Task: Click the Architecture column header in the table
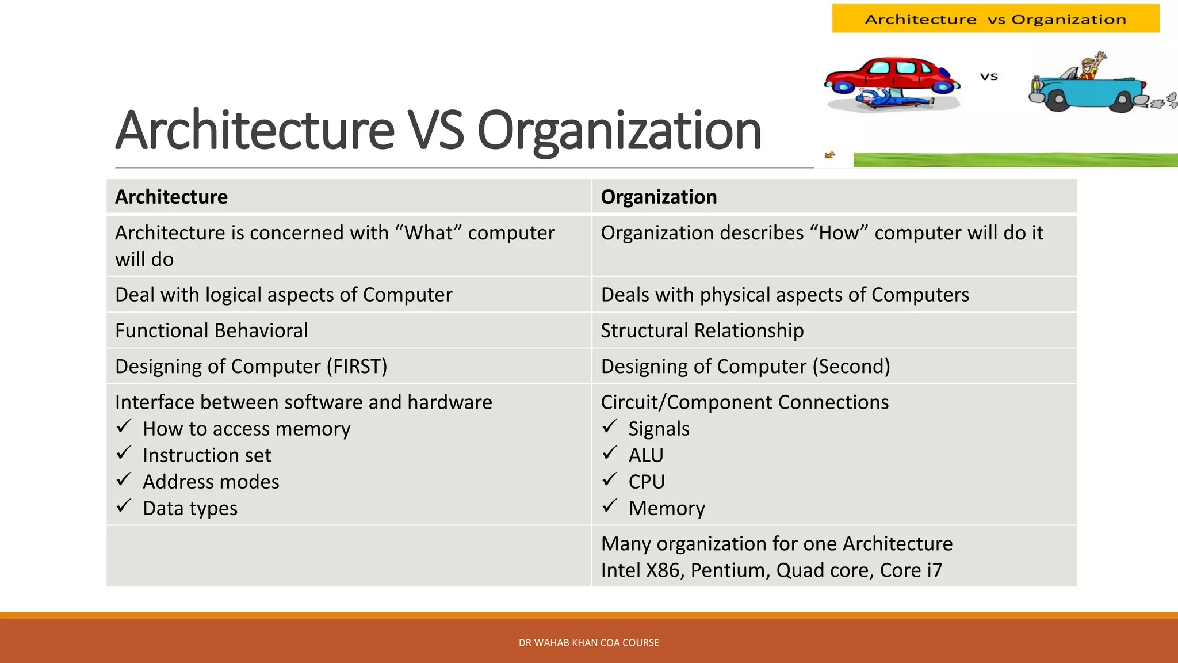tap(171, 197)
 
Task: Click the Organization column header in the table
tap(659, 197)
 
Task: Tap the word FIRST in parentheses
tap(357, 366)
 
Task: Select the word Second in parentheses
tap(851, 366)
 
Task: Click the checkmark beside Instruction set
tap(124, 454)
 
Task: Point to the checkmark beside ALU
tap(610, 454)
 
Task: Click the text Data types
tap(190, 508)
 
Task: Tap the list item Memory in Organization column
tap(667, 508)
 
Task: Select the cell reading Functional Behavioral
tap(212, 330)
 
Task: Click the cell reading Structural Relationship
tap(702, 330)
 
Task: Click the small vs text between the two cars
tap(989, 77)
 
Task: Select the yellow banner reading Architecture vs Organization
tap(995, 19)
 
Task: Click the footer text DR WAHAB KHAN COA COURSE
tap(588, 643)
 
